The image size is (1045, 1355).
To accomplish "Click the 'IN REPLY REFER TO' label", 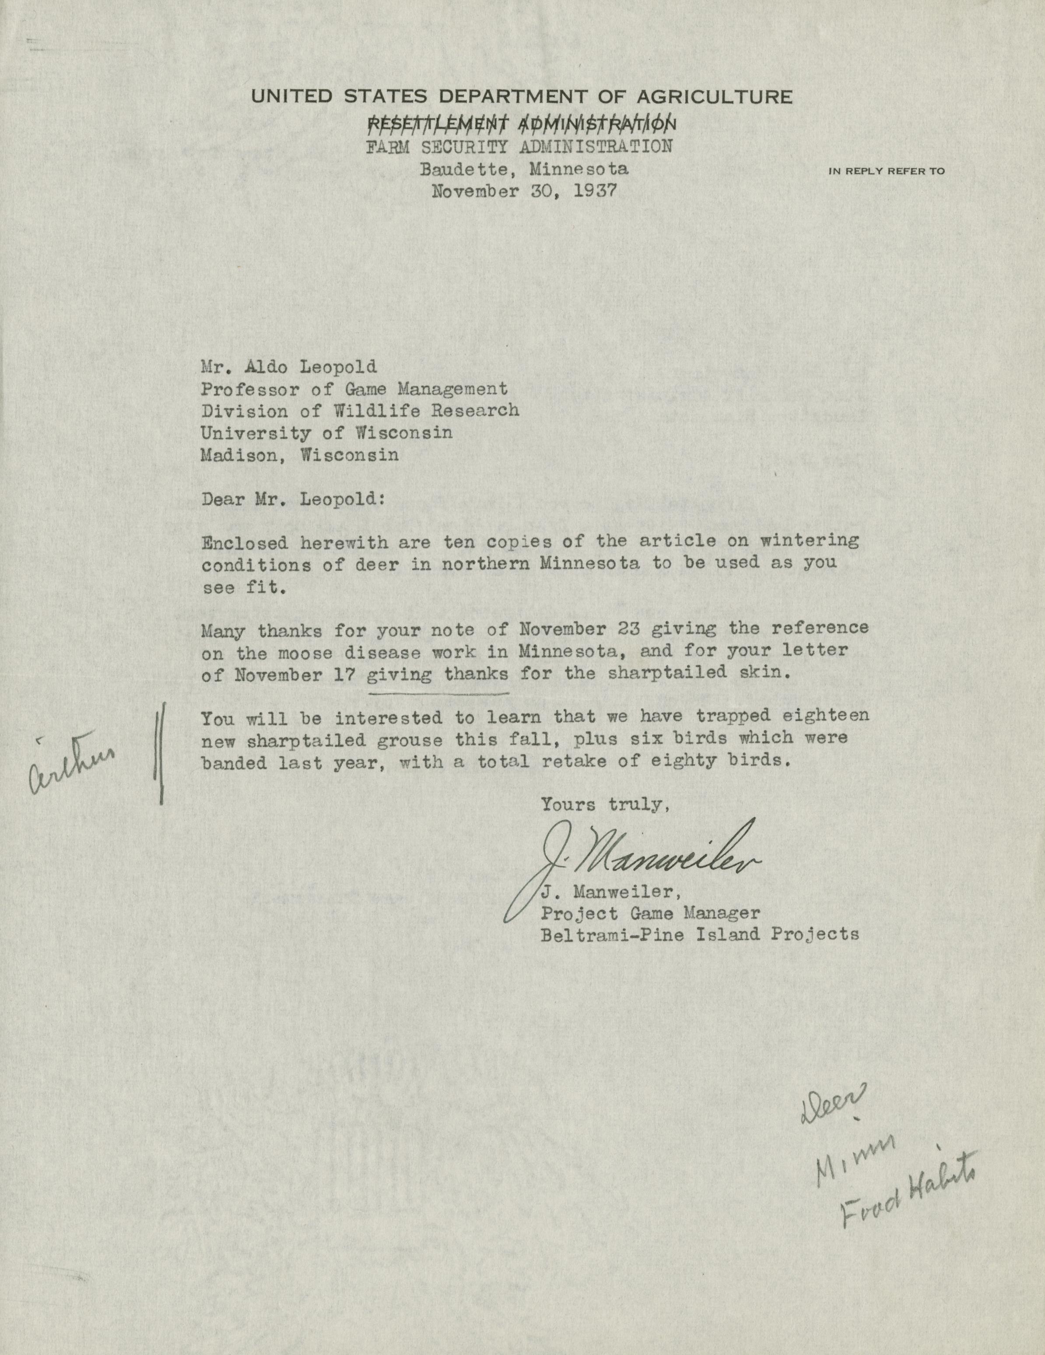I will (886, 171).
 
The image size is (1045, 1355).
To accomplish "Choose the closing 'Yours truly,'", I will (605, 805).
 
